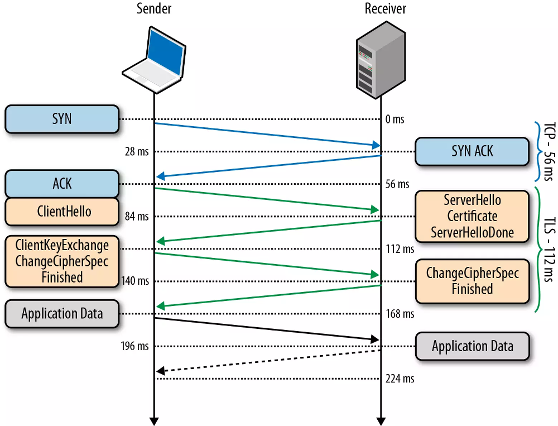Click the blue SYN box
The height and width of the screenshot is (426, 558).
coord(62,119)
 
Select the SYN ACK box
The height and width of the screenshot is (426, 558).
coord(472,151)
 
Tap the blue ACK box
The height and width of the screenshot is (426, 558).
coord(62,184)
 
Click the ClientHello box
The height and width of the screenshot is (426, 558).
coord(62,212)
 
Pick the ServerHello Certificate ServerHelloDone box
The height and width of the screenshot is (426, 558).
coord(472,216)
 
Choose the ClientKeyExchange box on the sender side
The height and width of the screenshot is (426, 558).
coord(62,261)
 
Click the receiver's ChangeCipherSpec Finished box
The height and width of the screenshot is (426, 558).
coord(472,281)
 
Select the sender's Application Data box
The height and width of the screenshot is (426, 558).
coord(62,313)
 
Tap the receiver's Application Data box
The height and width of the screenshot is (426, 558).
coord(472,346)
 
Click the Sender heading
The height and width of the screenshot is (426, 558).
coord(153,8)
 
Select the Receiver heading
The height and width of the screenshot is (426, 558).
coord(386,8)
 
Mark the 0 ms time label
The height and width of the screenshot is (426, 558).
coord(395,119)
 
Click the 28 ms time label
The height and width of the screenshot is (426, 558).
coord(138,152)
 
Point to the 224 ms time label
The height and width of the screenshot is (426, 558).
coord(400,379)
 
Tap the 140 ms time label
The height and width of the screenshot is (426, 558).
coord(135,281)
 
